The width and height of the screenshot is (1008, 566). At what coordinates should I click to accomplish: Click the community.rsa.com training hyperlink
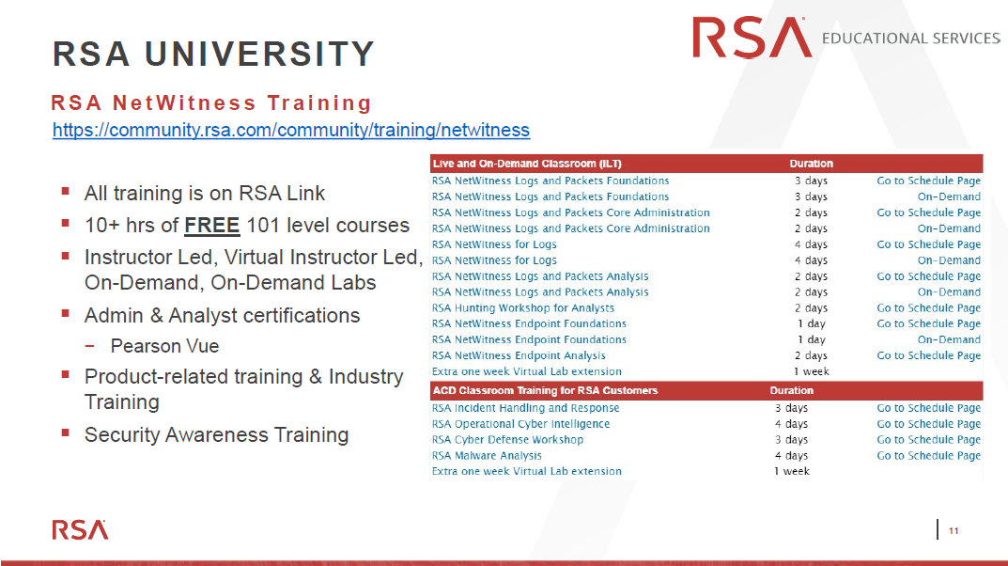[x=291, y=130]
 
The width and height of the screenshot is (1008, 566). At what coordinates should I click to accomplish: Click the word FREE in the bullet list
[x=211, y=225]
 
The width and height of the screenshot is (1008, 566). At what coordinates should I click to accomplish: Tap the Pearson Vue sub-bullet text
[x=164, y=346]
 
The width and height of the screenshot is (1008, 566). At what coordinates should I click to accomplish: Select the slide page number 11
[x=954, y=530]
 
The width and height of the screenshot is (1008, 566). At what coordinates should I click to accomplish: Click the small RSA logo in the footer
[x=81, y=529]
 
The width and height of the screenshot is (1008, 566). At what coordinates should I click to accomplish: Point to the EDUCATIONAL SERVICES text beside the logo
[x=911, y=39]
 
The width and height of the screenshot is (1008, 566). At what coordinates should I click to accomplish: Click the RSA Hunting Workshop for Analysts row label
[x=522, y=308]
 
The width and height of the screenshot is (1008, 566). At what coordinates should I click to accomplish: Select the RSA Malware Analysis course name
[x=487, y=455]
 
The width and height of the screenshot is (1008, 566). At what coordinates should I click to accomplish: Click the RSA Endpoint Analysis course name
[x=519, y=355]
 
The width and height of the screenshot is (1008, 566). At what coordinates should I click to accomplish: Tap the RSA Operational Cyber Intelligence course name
[x=520, y=424]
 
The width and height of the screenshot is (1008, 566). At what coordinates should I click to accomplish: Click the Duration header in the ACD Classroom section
[x=791, y=390]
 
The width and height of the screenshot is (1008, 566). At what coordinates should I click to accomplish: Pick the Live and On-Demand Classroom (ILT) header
[x=527, y=164]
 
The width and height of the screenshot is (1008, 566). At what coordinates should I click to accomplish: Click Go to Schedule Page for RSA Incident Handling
[x=929, y=408]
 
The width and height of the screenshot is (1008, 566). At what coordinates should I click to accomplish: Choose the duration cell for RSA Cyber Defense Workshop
[x=791, y=440]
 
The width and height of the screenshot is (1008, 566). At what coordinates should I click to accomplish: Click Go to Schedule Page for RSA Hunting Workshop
[x=929, y=308]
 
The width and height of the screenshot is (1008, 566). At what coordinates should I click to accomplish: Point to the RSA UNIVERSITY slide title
[x=213, y=54]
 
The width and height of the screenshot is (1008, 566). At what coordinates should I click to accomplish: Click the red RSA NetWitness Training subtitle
[x=211, y=102]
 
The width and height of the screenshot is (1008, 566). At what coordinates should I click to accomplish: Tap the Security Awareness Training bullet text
[x=217, y=434]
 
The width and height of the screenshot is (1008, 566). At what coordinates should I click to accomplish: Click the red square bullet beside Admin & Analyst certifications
[x=65, y=314]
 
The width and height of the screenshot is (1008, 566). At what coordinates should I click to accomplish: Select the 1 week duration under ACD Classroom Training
[x=791, y=471]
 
